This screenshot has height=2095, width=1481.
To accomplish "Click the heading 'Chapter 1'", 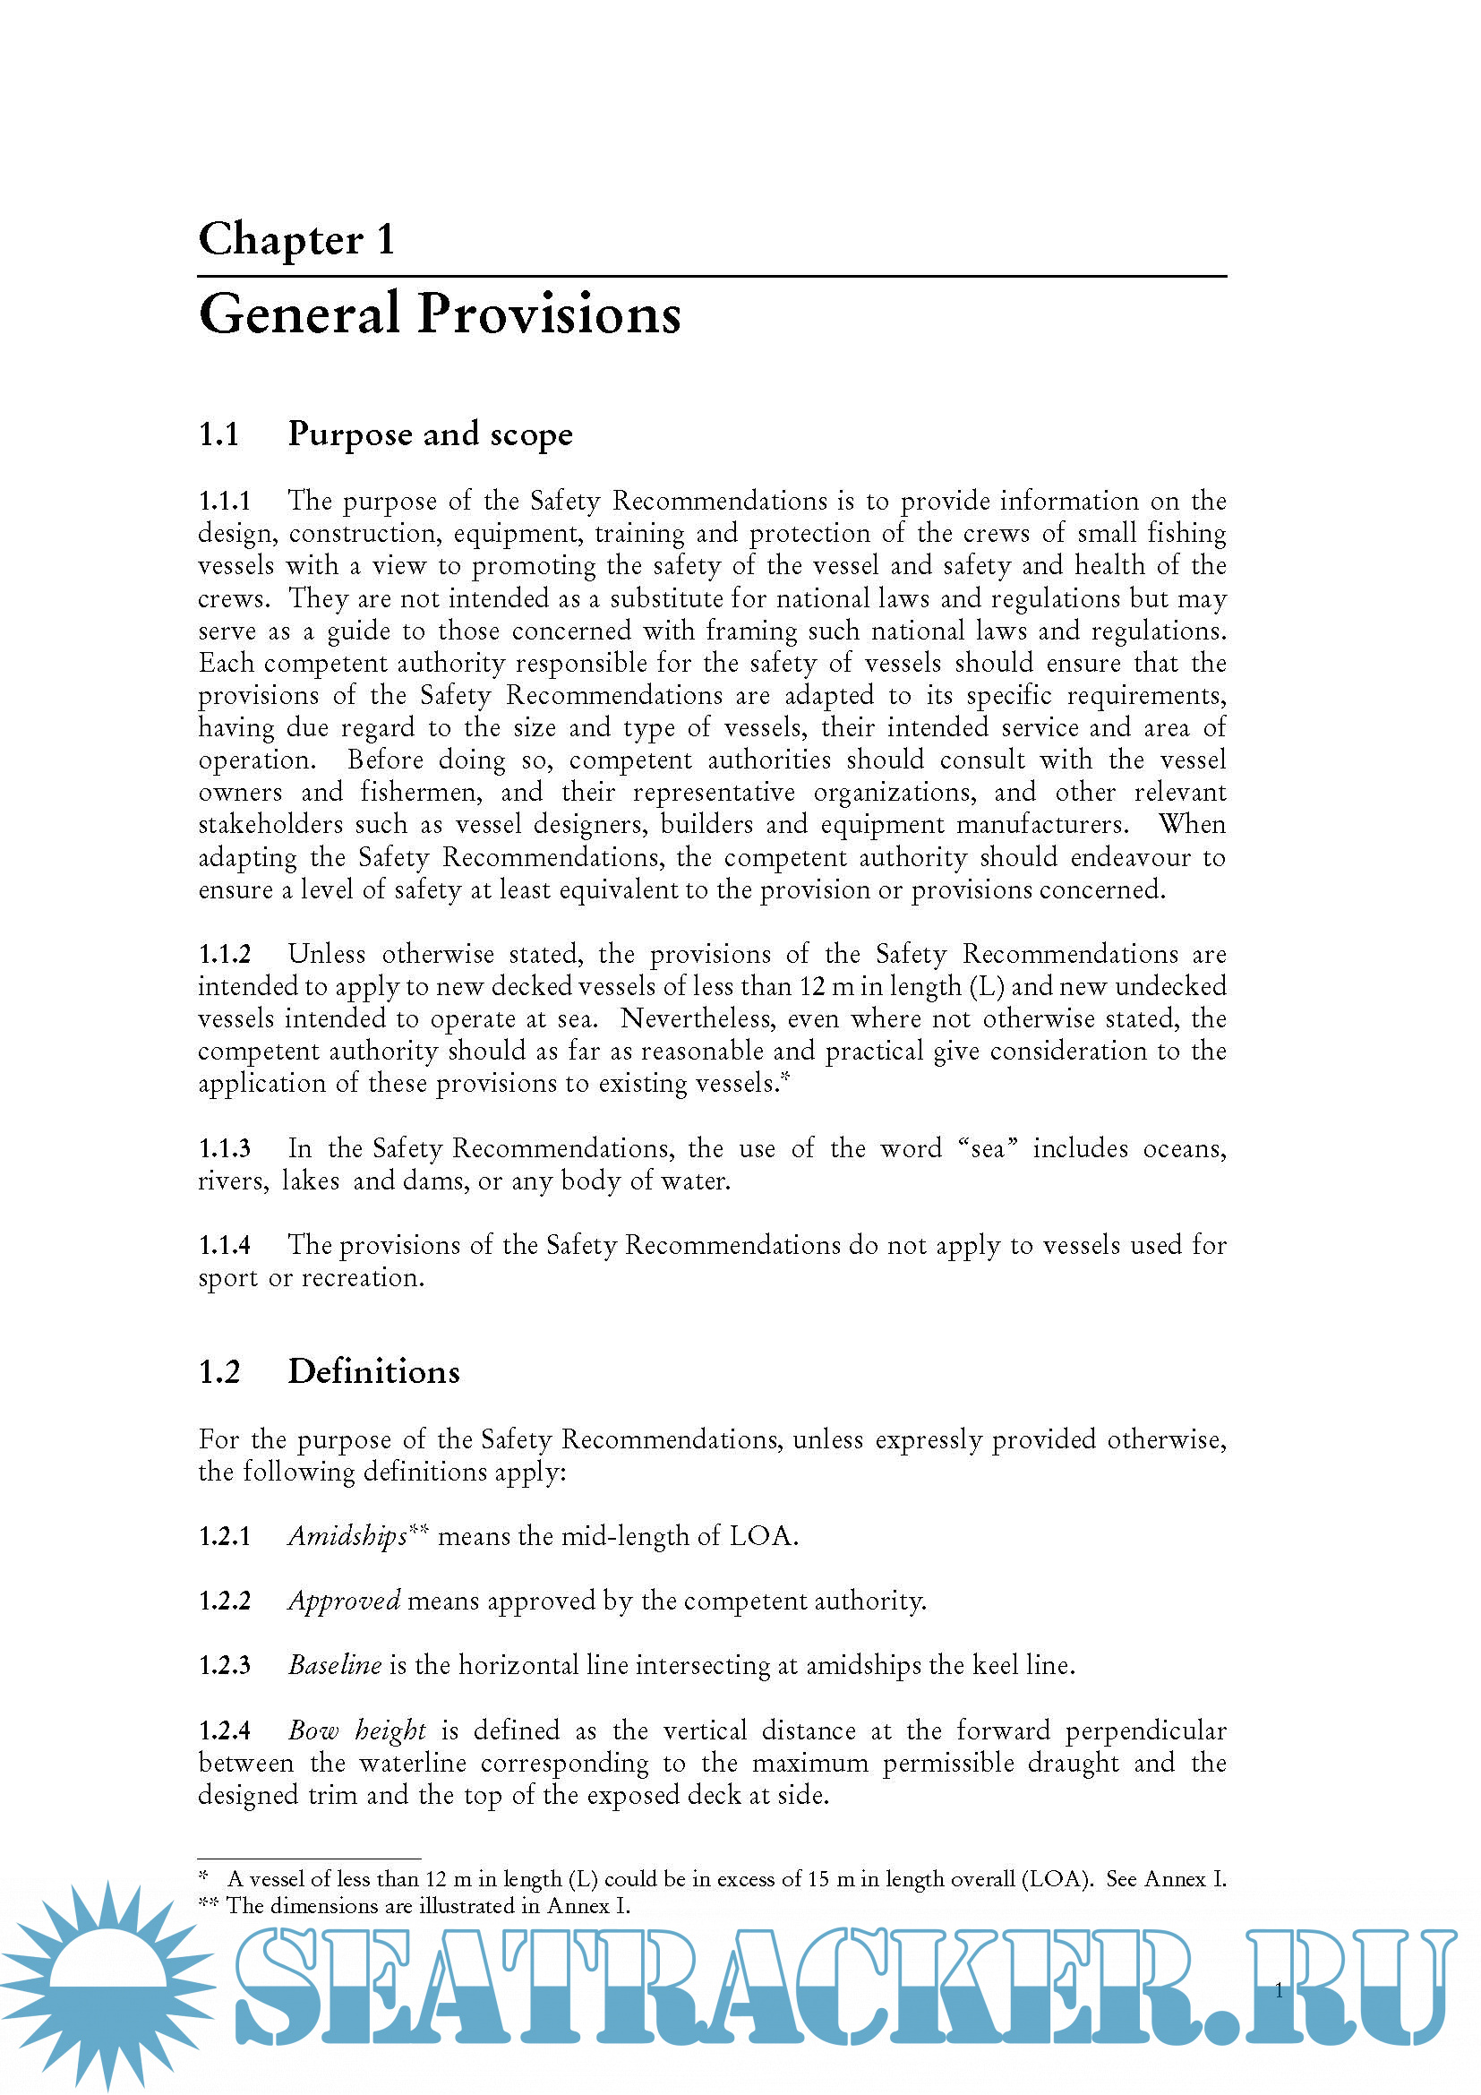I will (x=296, y=239).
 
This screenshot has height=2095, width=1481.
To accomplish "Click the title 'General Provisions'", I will (x=440, y=313).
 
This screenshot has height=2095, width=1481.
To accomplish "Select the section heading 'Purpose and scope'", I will (x=430, y=434).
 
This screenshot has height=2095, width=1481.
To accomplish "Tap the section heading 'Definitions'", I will (x=374, y=1372).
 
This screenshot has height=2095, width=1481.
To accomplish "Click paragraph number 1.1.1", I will (x=225, y=501).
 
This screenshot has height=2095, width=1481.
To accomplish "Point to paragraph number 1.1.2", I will (x=225, y=955).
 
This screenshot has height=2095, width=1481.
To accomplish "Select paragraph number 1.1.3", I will (x=225, y=1149).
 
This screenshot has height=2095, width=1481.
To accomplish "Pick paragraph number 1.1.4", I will (x=225, y=1246).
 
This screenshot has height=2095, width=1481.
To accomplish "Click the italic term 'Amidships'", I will (x=347, y=1537).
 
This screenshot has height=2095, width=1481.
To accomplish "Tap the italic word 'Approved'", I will (x=344, y=1601).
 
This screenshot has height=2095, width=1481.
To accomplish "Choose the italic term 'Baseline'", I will (x=335, y=1665).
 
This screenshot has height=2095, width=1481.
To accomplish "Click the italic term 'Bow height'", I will (x=356, y=1730).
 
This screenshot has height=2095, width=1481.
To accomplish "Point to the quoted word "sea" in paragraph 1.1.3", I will (x=988, y=1149).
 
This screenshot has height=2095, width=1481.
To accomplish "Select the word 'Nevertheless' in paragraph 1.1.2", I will (x=698, y=1018).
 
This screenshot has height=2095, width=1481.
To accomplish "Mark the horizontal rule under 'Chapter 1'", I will (x=711, y=276).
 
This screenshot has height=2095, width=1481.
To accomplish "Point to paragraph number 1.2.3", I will (x=225, y=1665).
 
